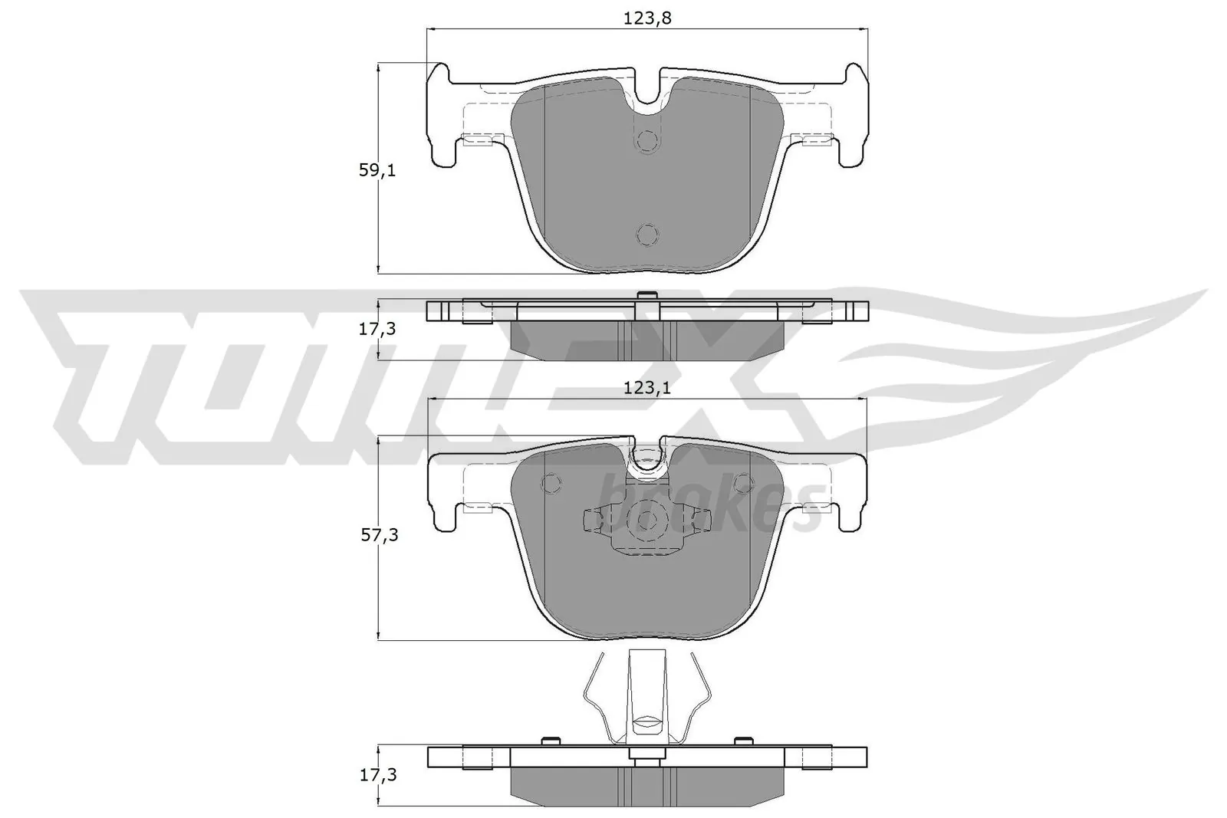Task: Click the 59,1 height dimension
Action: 377,171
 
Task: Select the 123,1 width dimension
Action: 647,389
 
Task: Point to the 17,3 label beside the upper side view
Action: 378,330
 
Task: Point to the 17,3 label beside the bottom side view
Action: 378,775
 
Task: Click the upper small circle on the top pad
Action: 648,141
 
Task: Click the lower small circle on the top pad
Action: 648,235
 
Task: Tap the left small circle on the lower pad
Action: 550,483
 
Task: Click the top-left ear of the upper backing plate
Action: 438,77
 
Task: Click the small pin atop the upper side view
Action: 646,295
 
